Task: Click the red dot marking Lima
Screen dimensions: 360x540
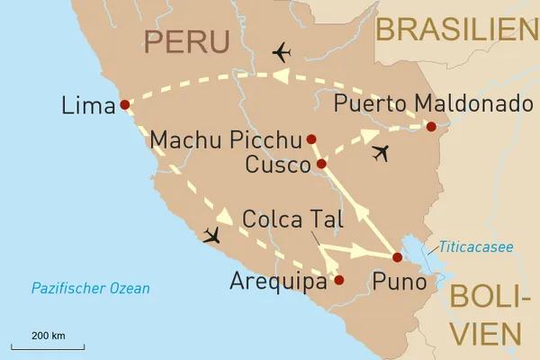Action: tap(124, 104)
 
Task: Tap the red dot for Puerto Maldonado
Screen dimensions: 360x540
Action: tap(431, 127)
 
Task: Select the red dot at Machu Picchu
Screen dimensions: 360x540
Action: tap(311, 139)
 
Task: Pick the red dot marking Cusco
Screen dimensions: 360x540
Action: tap(321, 164)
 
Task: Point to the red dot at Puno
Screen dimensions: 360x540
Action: tap(397, 257)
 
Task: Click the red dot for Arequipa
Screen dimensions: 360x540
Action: tap(338, 280)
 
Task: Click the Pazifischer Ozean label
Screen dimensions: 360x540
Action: tap(90, 289)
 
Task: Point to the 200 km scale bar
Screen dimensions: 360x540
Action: tap(48, 346)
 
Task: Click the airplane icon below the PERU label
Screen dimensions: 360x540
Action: tap(281, 52)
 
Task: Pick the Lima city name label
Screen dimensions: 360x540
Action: tap(87, 105)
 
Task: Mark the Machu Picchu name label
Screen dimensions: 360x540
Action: tap(225, 140)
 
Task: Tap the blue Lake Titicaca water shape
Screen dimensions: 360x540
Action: tap(421, 261)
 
